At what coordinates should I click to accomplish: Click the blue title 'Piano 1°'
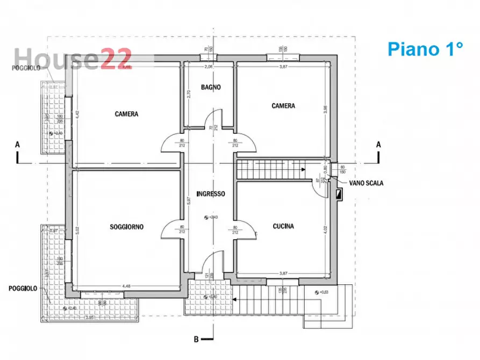click(x=425, y=49)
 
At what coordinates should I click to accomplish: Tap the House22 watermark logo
click(x=72, y=58)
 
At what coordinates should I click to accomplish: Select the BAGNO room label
click(x=211, y=87)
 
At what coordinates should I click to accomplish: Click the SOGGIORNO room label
click(x=127, y=227)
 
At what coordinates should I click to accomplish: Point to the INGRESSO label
click(x=211, y=193)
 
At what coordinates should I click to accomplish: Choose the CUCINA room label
click(x=283, y=226)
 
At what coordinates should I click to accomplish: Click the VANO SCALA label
click(x=366, y=183)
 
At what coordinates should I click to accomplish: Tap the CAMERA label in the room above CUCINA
click(x=283, y=106)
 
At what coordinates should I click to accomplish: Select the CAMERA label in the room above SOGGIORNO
click(x=127, y=114)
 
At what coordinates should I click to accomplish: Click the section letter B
click(x=196, y=339)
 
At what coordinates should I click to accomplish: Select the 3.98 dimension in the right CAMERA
click(x=324, y=109)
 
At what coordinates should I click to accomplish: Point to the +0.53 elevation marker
click(x=323, y=292)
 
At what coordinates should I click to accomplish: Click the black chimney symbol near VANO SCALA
click(x=339, y=195)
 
